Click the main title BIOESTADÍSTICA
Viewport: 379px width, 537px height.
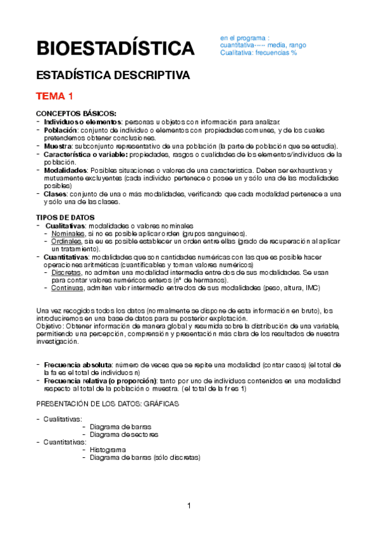pyautogui.click(x=115, y=48)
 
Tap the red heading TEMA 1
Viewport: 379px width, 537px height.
pyautogui.click(x=55, y=97)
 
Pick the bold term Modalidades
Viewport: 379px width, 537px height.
pyautogui.click(x=66, y=170)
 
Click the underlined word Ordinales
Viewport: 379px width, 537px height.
pyautogui.click(x=66, y=241)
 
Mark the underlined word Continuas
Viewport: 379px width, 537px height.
pyautogui.click(x=67, y=288)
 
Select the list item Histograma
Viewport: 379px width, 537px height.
pyautogui.click(x=108, y=450)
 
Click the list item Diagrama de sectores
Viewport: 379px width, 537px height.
pyautogui.click(x=124, y=434)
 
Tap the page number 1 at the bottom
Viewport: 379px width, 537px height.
pyautogui.click(x=189, y=505)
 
